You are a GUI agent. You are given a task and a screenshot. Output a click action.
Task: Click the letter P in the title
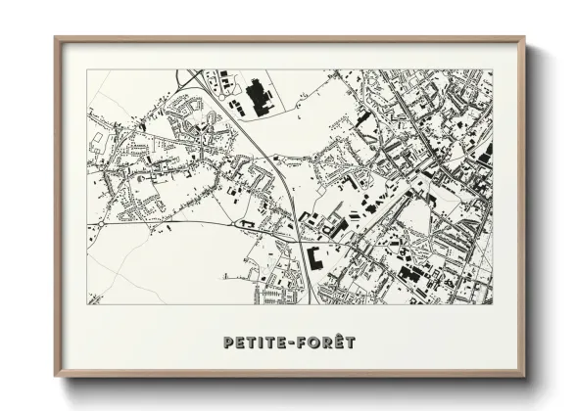228,343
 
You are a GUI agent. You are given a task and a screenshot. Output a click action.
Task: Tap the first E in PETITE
239,343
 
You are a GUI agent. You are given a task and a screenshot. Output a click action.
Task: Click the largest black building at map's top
260,96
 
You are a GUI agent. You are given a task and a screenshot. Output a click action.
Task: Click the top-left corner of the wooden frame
56,39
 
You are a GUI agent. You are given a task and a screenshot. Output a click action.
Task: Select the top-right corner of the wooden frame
524,39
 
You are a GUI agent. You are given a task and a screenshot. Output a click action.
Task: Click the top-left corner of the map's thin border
88,69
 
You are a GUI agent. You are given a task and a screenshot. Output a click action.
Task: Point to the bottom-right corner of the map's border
493,304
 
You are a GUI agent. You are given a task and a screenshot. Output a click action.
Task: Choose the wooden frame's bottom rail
290,376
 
